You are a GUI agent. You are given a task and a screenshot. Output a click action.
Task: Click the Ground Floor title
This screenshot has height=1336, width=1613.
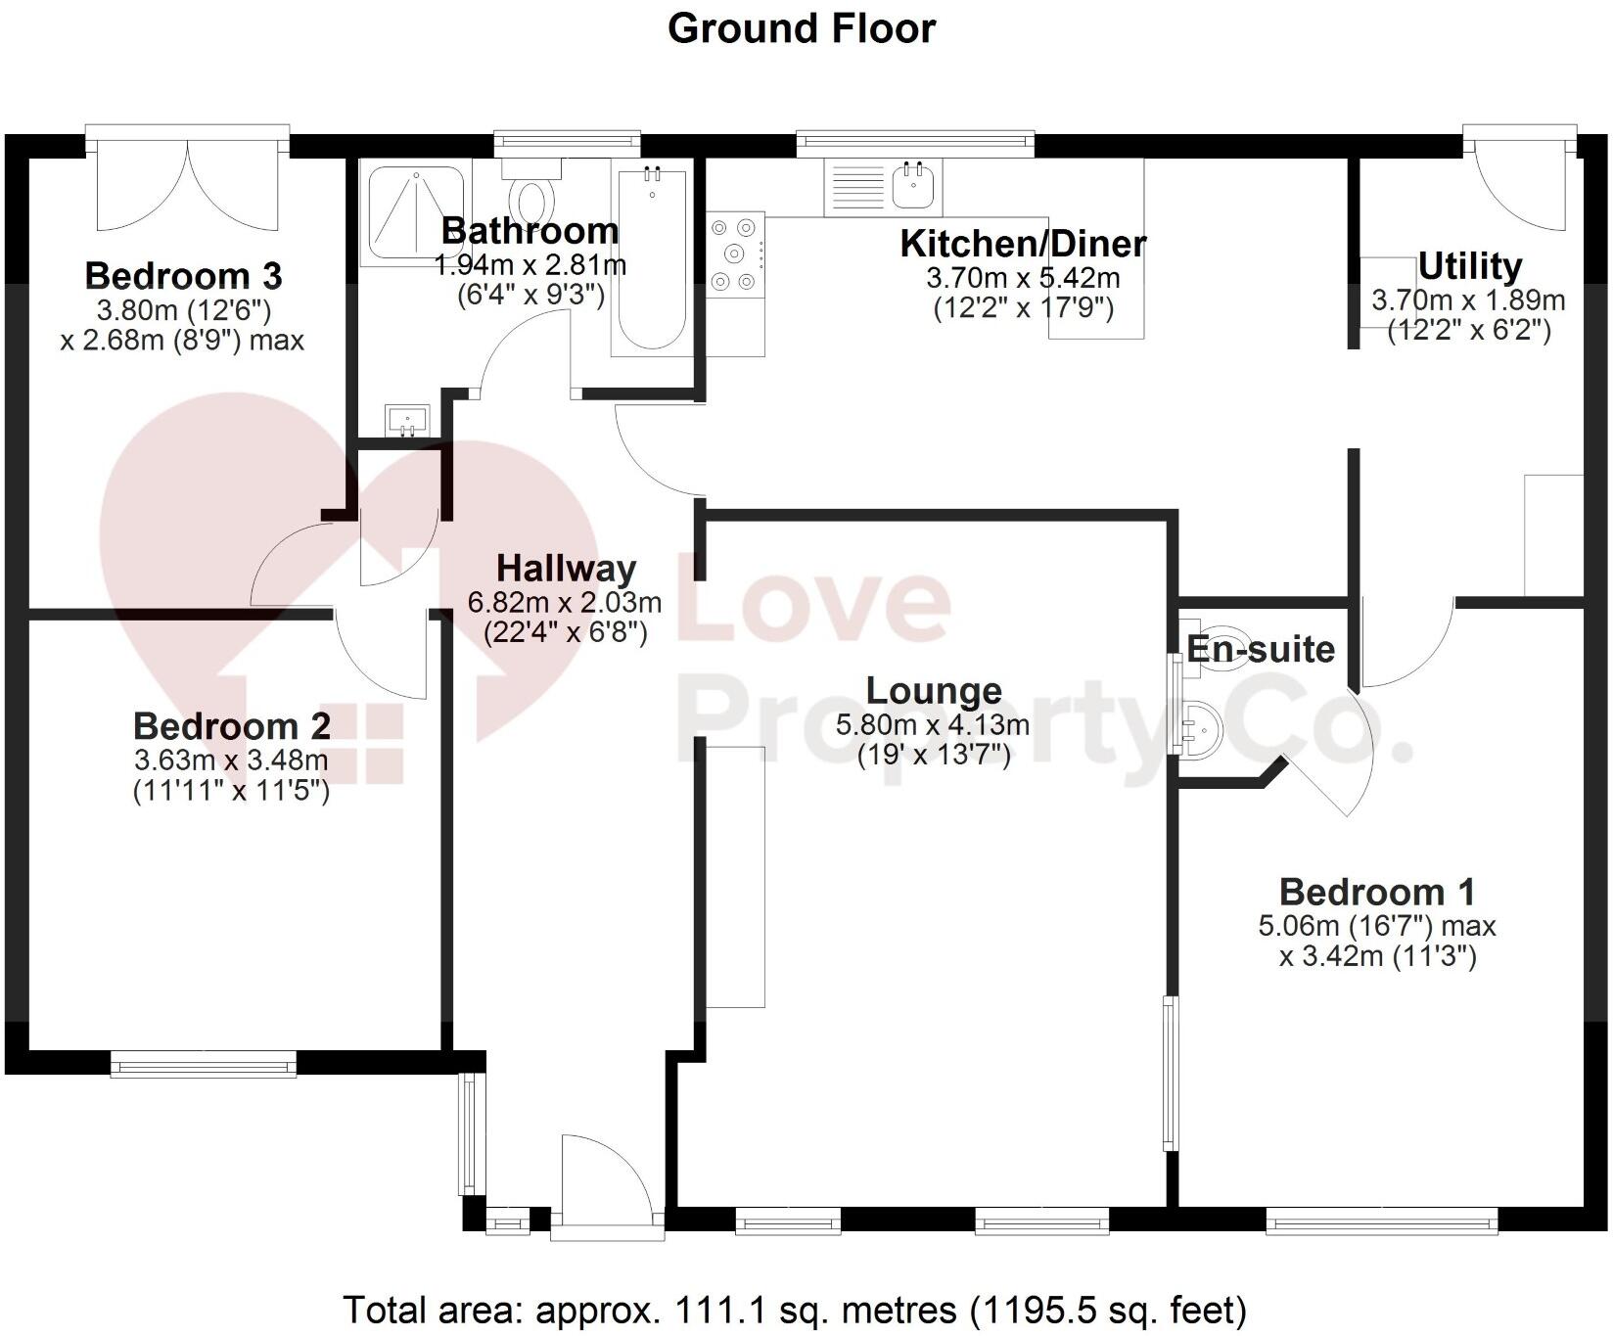801,28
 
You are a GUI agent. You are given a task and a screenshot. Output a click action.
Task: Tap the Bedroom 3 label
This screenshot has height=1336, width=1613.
183,276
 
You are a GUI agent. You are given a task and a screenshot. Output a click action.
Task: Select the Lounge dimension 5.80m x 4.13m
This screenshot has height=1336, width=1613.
933,725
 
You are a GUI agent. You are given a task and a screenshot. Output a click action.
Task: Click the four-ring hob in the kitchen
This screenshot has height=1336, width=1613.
735,254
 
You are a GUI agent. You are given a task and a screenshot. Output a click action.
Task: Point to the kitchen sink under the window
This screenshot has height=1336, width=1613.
916,185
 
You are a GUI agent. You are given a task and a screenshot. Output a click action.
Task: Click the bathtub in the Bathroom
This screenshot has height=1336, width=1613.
649,259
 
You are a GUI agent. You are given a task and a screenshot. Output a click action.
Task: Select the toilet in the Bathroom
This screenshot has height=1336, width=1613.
532,196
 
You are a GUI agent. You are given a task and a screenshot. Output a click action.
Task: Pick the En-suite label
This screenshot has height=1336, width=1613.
1261,649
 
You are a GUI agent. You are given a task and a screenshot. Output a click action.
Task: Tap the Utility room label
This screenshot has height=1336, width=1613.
1469,266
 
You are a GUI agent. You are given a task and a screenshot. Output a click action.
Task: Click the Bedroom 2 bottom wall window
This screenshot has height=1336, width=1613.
203,1064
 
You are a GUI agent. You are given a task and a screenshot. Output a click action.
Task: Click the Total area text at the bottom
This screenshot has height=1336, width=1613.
795,1310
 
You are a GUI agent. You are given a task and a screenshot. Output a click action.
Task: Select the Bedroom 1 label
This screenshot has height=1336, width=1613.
1376,892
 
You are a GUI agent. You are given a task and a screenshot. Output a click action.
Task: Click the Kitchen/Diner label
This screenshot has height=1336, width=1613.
1023,244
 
